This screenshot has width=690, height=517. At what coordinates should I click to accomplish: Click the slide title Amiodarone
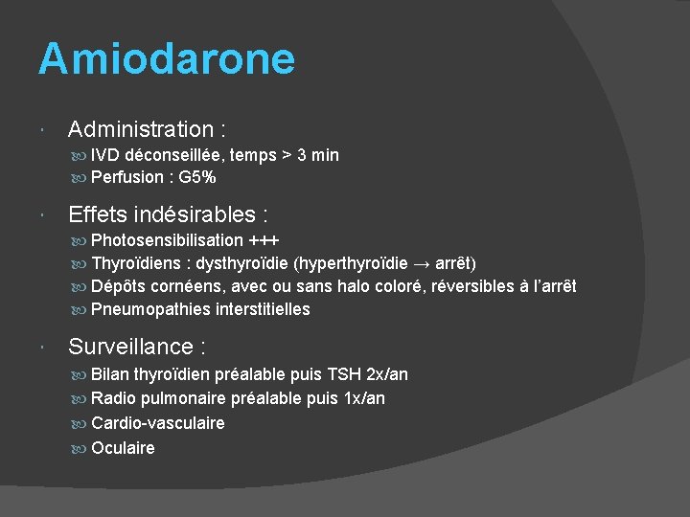[167, 59]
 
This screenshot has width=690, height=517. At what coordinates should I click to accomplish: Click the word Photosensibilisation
[167, 239]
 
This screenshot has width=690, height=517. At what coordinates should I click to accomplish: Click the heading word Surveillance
[130, 346]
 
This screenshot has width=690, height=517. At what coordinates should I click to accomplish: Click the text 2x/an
[387, 373]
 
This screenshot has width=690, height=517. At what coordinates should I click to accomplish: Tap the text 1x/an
[364, 398]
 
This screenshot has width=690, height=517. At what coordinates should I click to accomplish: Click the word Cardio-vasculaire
[158, 423]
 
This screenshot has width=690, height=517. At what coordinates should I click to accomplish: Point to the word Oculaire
[123, 448]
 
